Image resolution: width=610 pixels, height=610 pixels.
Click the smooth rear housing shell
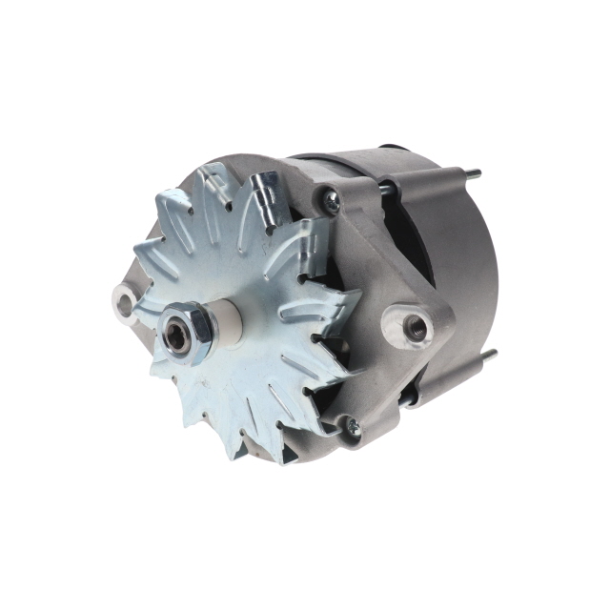tap(457, 267)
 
